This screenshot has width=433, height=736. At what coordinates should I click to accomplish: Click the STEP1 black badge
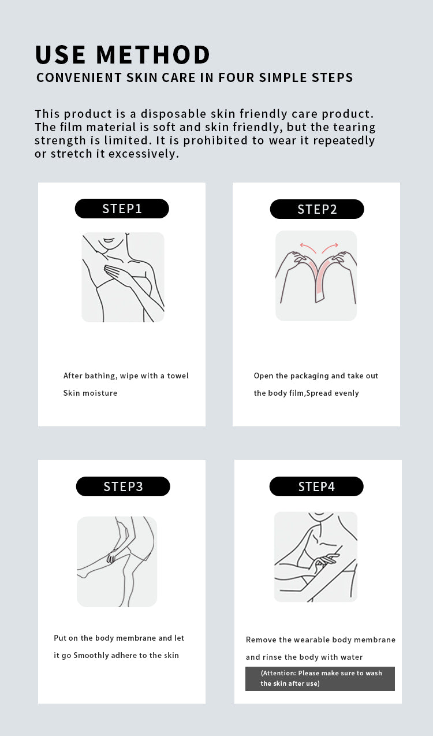(122, 209)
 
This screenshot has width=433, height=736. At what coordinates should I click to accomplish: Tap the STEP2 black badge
(317, 209)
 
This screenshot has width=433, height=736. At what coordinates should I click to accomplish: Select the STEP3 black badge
(123, 486)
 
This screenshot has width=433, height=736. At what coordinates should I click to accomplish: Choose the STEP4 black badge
(316, 486)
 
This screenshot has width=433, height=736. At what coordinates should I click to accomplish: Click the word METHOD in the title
(153, 54)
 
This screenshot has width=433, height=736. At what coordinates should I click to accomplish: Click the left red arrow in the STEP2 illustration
(307, 247)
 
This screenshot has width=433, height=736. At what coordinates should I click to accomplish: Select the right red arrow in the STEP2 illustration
(330, 247)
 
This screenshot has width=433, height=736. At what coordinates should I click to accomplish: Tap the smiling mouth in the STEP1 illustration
(109, 240)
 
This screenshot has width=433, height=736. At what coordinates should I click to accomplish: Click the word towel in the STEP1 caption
(178, 376)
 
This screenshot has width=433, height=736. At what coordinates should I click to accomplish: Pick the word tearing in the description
(354, 128)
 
